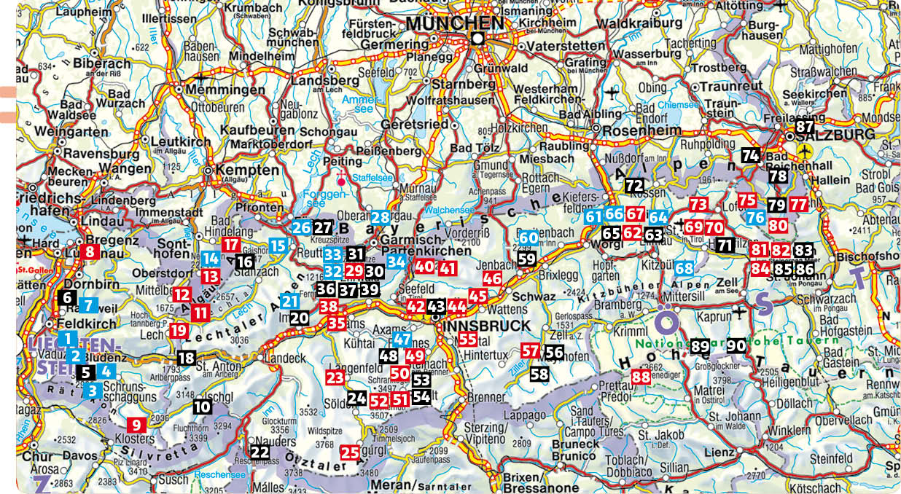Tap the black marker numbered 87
(x=804, y=126)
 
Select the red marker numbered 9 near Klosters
(x=137, y=423)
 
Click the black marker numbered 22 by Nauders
(x=260, y=451)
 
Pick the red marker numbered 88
(x=641, y=377)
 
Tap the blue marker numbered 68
(x=684, y=268)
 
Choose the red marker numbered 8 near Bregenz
(x=90, y=252)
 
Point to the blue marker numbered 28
(x=380, y=217)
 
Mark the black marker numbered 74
(x=751, y=154)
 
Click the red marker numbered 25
(x=350, y=452)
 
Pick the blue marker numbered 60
(x=528, y=238)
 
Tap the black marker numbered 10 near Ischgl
(x=202, y=407)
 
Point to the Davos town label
(x=79, y=456)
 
